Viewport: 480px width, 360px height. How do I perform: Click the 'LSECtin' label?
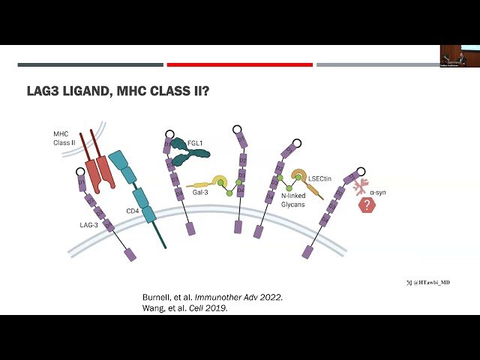pyautogui.click(x=318, y=178)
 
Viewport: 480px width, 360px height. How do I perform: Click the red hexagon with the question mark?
pyautogui.click(x=367, y=205)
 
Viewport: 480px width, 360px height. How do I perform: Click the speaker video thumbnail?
pyautogui.click(x=459, y=56)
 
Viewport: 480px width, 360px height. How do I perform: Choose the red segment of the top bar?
pyautogui.click(x=239, y=64)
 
